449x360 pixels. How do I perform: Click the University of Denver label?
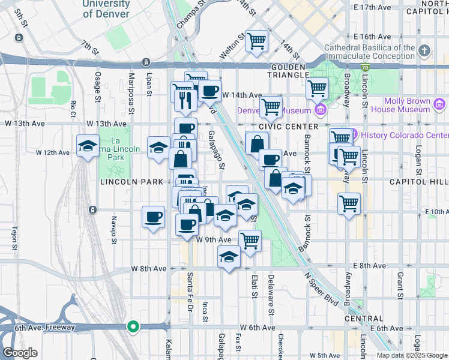click(106, 9)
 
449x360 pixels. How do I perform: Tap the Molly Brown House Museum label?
click(400, 105)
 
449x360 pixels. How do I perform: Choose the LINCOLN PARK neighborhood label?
click(123, 181)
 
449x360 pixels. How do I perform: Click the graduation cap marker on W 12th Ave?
click(88, 146)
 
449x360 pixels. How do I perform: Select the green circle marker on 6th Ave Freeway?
click(133, 327)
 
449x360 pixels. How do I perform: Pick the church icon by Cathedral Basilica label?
click(425, 50)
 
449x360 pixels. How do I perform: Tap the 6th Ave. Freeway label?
click(38, 328)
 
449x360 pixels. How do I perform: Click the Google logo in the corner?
click(20, 352)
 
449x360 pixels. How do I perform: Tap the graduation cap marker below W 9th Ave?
click(228, 258)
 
